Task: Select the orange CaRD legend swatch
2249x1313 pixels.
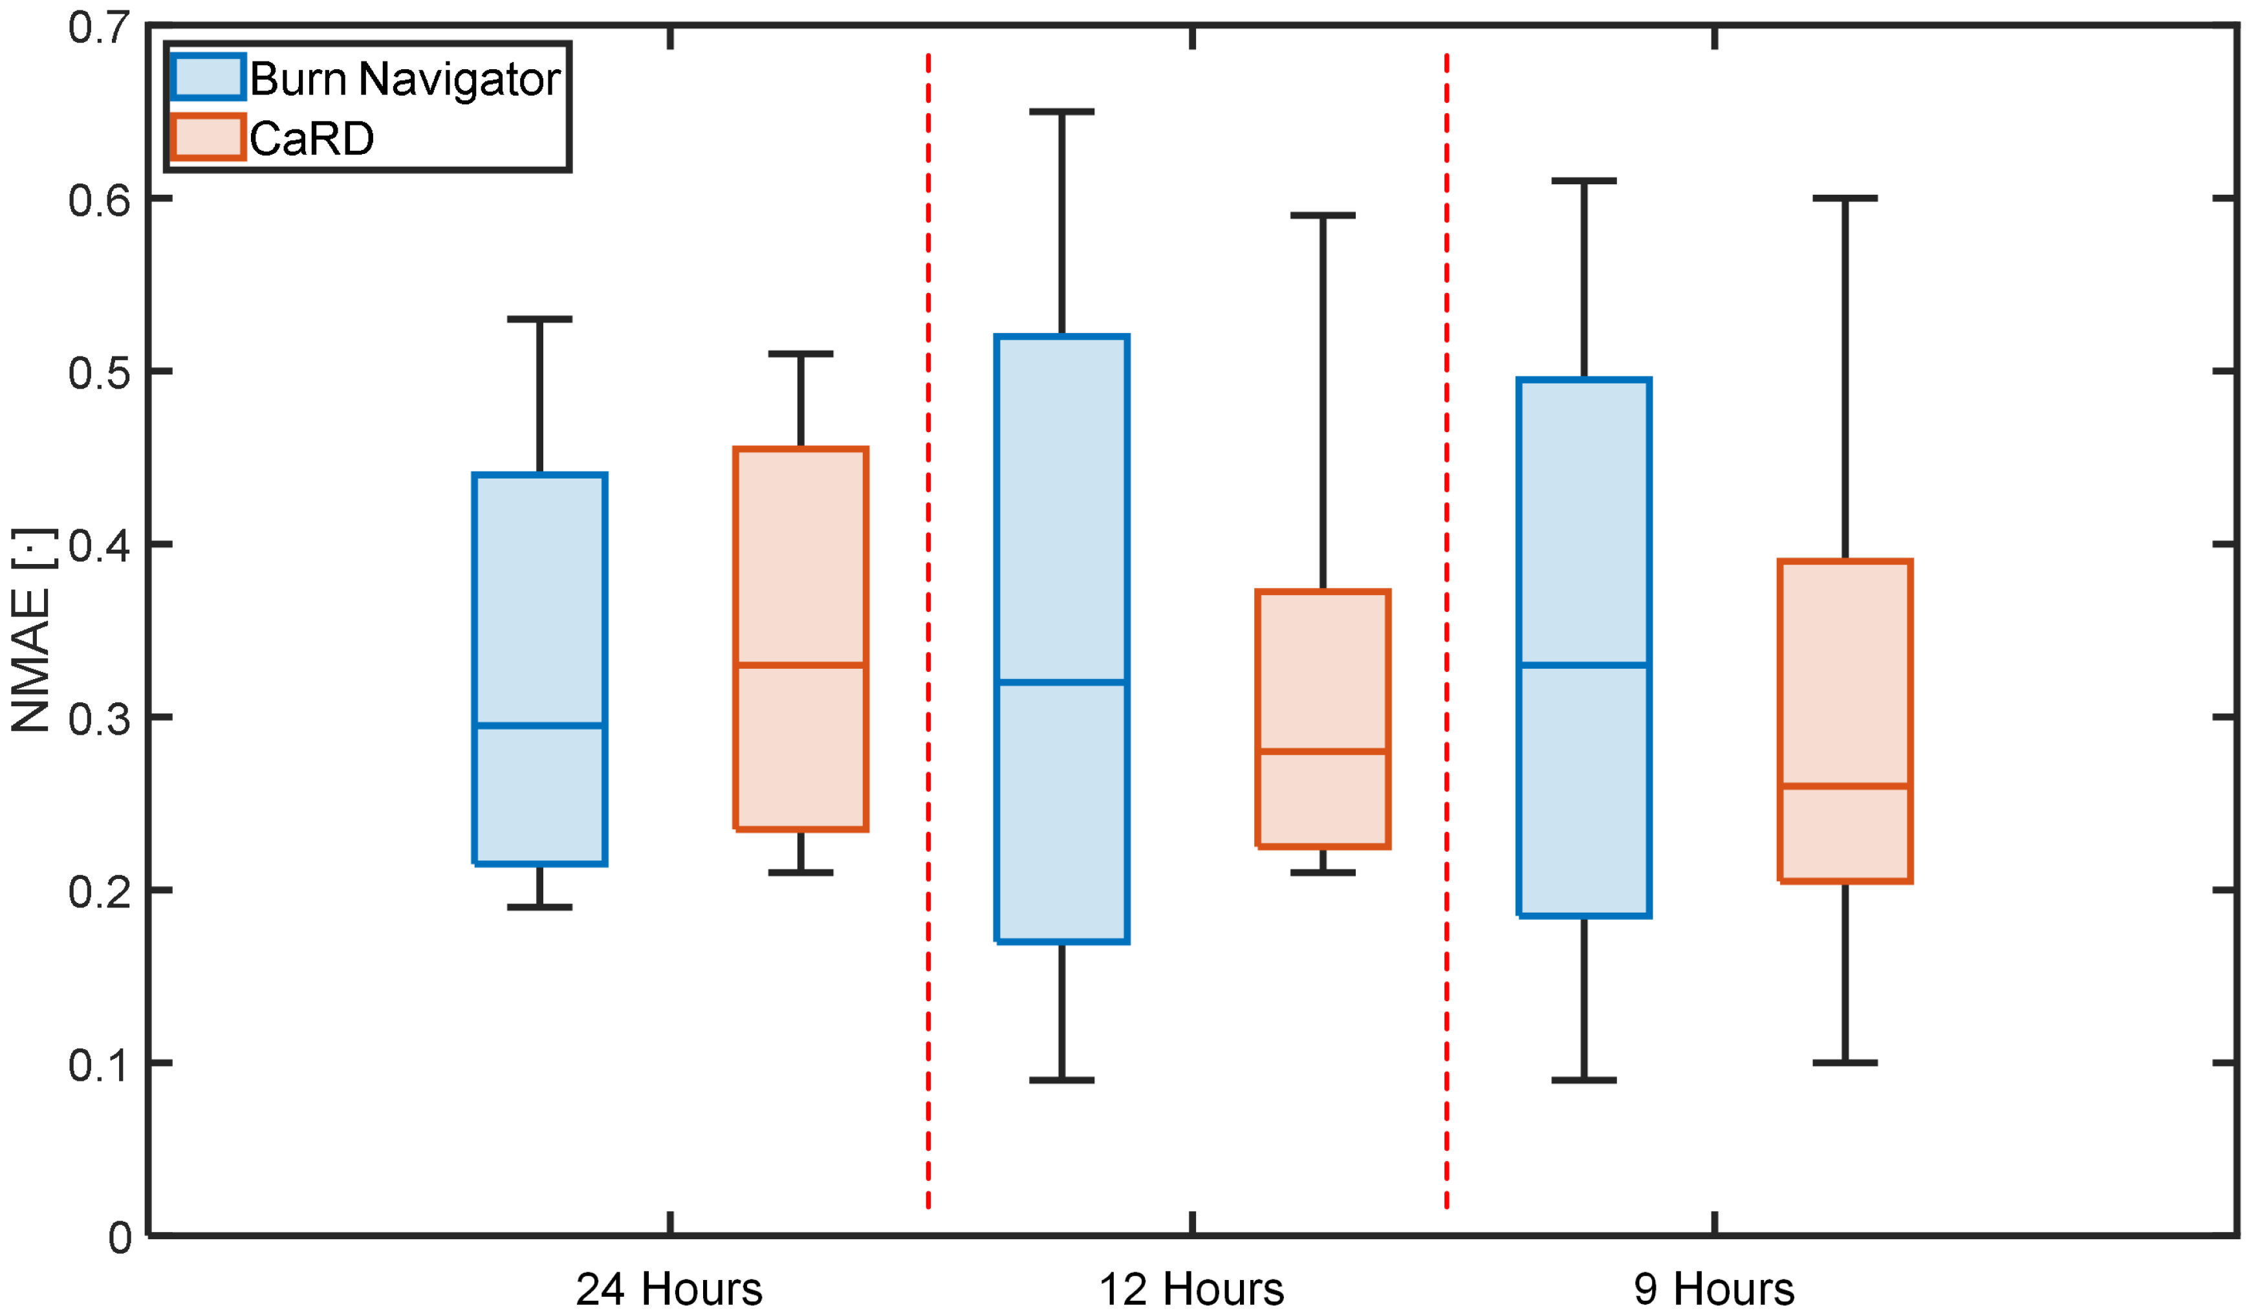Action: point(207,138)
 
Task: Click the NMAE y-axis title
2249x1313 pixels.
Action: point(30,630)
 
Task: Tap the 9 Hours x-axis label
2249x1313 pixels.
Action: point(1713,1288)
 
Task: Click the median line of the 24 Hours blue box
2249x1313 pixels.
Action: point(540,726)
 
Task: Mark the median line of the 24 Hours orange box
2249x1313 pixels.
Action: point(801,665)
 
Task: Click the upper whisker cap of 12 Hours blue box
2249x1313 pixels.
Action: point(1062,113)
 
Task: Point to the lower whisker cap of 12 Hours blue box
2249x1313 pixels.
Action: point(1062,1080)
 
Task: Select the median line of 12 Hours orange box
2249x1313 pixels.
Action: point(1323,752)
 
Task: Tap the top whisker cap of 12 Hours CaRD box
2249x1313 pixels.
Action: point(1323,215)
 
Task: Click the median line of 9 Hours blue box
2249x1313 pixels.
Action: point(1584,665)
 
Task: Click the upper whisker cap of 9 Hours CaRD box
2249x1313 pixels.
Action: point(1845,198)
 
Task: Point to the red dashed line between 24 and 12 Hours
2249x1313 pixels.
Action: point(928,625)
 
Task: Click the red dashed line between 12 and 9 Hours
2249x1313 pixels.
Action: point(1447,625)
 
